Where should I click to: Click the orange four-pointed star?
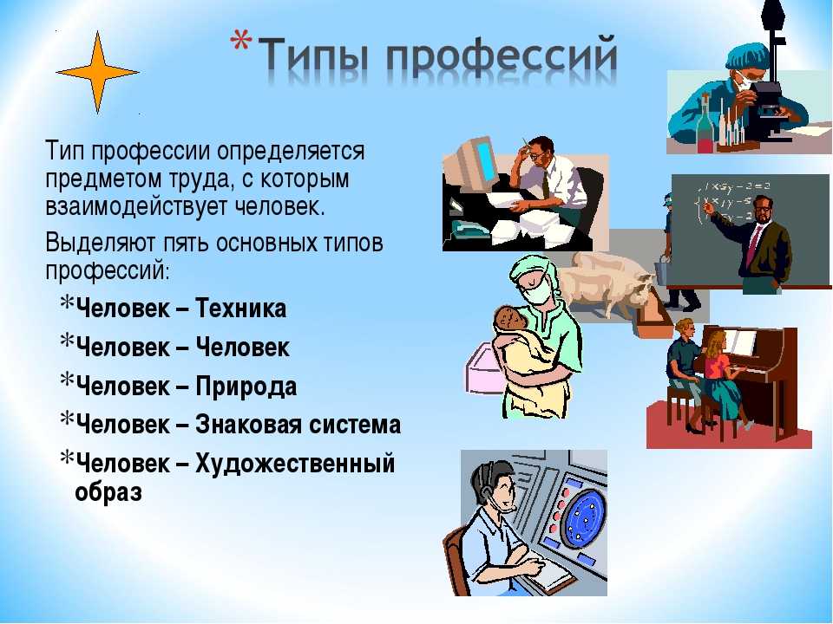(98, 72)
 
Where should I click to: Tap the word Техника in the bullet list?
(241, 309)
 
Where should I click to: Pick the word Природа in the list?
(246, 387)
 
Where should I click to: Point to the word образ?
(109, 492)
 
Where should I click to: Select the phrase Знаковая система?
(298, 425)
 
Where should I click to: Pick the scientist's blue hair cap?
(746, 56)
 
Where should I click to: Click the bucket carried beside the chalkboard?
(662, 270)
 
